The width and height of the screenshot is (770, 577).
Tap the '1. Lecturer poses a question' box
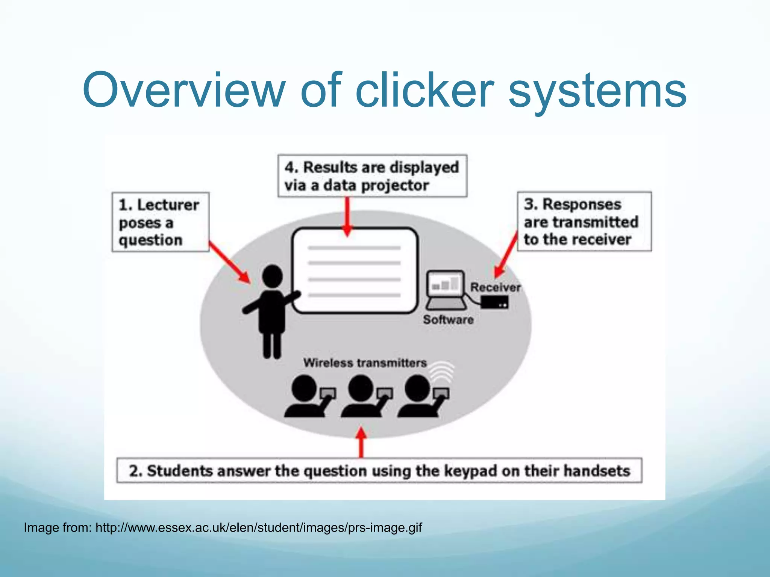(x=160, y=222)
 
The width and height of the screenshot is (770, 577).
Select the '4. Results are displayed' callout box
(x=372, y=176)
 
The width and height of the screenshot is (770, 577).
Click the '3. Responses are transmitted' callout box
(x=584, y=222)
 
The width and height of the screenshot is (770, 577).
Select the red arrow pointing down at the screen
(x=348, y=216)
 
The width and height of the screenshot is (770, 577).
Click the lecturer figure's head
(x=272, y=276)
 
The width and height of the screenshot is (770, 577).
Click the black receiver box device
(x=494, y=302)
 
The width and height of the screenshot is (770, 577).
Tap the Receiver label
(x=495, y=287)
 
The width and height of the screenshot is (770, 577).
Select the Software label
(x=448, y=320)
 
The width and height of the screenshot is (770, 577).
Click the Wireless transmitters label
(x=365, y=363)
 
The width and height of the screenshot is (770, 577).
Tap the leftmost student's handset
(x=328, y=393)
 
